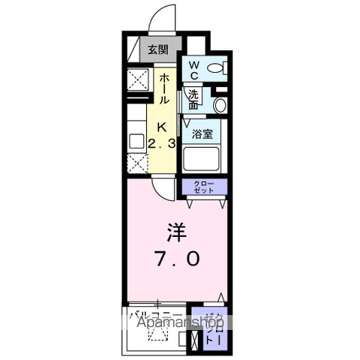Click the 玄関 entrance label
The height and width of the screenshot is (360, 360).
tap(157, 51)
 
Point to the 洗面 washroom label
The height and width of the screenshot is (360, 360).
tap(194, 100)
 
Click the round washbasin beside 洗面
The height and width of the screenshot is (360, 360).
tap(220, 104)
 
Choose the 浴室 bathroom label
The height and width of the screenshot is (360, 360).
tap(201, 135)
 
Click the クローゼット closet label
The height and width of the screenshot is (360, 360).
tap(203, 187)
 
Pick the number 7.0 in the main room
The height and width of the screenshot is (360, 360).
tap(178, 259)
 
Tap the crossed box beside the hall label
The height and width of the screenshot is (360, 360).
tap(137, 78)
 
